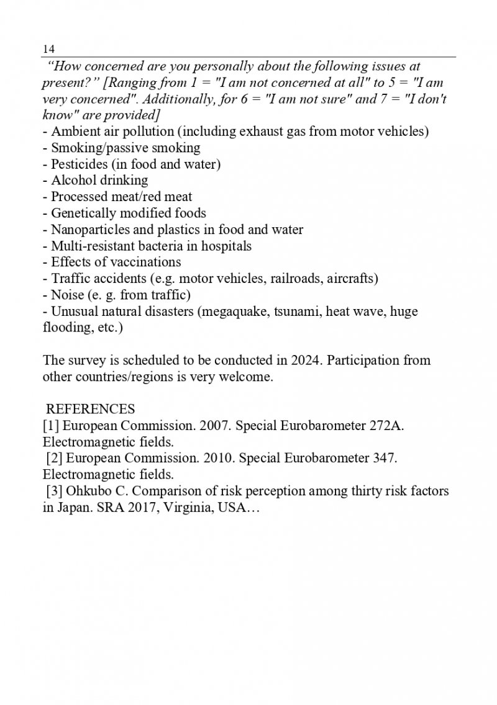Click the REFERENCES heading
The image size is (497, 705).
91,410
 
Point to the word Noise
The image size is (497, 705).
66,295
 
